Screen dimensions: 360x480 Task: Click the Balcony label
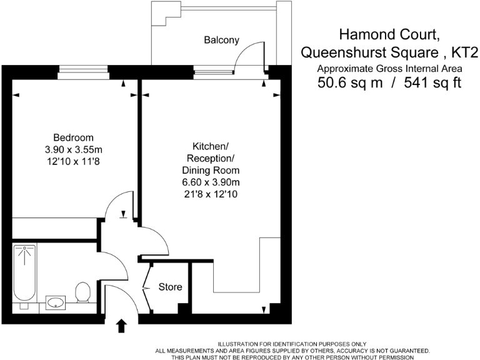[221, 40]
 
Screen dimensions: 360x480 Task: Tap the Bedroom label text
[73, 137]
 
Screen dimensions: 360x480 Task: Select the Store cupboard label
[170, 287]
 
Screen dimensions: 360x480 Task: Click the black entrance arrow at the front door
[121, 325]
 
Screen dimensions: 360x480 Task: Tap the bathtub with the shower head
[25, 275]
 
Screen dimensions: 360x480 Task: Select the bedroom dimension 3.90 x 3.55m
[73, 150]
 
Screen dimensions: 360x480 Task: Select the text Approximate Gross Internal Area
[389, 68]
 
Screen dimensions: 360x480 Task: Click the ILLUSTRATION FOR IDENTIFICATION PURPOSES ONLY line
[292, 344]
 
